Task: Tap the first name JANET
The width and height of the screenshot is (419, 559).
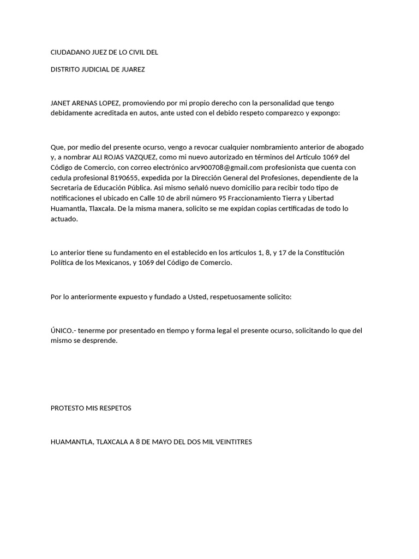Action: coord(61,103)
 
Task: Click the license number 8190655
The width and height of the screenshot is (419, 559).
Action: coord(125,178)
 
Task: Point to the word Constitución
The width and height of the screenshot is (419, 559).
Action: coord(324,253)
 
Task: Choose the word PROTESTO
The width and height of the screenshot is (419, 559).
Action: coord(69,408)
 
